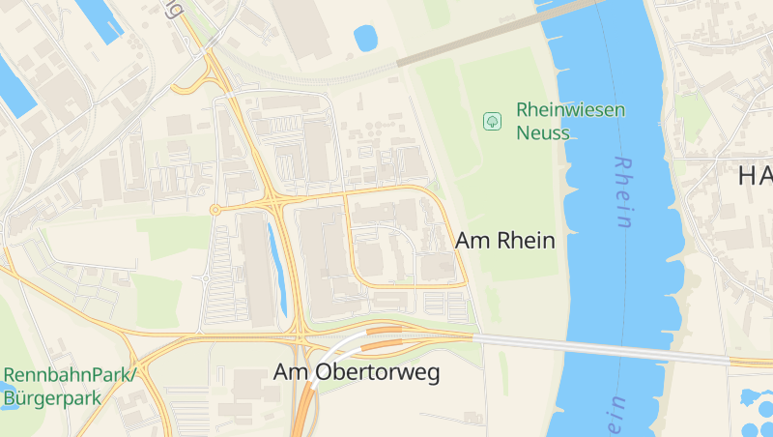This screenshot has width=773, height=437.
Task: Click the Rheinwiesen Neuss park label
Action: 570,121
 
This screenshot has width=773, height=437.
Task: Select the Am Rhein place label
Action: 505,241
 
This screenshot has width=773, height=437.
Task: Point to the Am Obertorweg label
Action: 357,371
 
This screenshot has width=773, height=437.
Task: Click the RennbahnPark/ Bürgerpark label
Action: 70,385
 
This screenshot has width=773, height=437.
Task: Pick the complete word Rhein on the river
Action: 622,193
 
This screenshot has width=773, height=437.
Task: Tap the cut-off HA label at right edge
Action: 754,175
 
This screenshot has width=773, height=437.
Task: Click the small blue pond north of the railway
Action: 367,39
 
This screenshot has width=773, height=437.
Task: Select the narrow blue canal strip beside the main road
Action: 277,271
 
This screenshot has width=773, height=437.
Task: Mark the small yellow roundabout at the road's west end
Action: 215,210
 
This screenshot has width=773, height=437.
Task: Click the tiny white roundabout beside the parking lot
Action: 205,278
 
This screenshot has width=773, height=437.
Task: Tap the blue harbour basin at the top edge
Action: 101,16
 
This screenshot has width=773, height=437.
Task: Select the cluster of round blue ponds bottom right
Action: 754,411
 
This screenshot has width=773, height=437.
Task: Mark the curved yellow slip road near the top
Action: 193,85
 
